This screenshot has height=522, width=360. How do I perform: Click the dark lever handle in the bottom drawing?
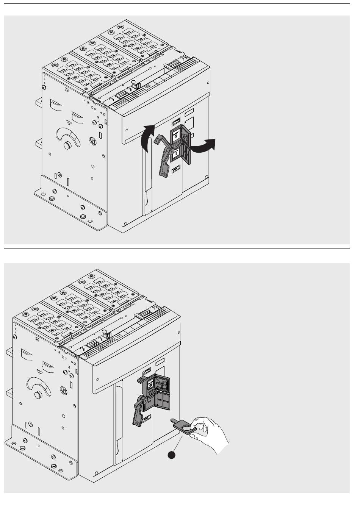138,411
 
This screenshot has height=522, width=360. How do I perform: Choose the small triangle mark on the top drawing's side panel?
68,122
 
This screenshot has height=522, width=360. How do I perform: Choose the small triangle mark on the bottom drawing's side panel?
39,371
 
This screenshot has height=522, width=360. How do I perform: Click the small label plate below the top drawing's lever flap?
176,171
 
